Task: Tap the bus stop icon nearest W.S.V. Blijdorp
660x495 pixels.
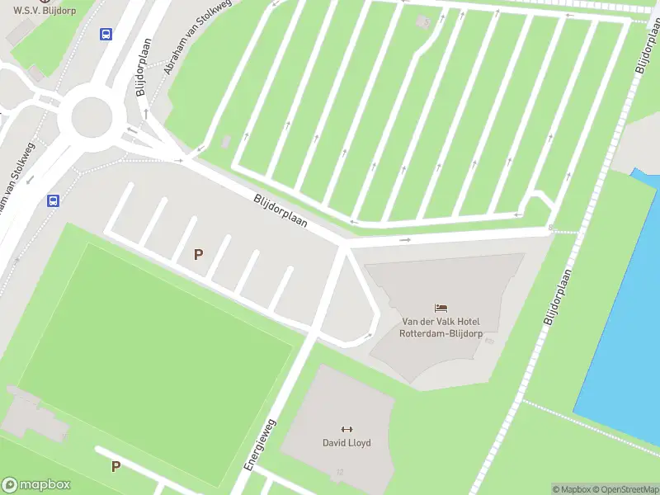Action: click(x=106, y=34)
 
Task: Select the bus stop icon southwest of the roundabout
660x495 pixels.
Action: click(x=54, y=200)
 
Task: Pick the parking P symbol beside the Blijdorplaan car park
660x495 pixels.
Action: click(x=198, y=255)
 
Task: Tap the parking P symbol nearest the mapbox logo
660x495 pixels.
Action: click(x=115, y=466)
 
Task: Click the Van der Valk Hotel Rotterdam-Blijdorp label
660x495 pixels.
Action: click(x=440, y=328)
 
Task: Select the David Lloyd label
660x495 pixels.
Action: click(x=346, y=443)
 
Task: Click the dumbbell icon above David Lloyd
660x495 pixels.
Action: click(x=346, y=428)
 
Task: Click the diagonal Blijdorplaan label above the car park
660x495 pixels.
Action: click(x=280, y=210)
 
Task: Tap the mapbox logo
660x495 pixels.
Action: click(x=35, y=485)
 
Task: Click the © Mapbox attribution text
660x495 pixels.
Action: click(x=572, y=489)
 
